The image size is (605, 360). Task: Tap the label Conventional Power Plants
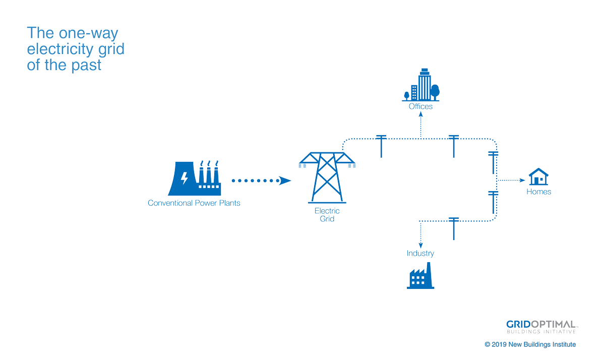click(194, 203)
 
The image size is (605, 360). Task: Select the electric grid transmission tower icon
click(327, 176)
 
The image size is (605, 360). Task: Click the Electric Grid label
click(327, 215)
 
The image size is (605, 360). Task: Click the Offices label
click(420, 106)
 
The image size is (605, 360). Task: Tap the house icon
click(538, 177)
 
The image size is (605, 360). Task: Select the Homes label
click(538, 192)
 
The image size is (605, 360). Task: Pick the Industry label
click(420, 253)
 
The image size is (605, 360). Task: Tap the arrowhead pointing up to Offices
click(420, 114)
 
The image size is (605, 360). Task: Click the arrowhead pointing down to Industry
click(420, 245)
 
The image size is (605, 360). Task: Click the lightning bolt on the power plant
click(185, 178)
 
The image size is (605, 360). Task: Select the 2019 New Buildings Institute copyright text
click(530, 344)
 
